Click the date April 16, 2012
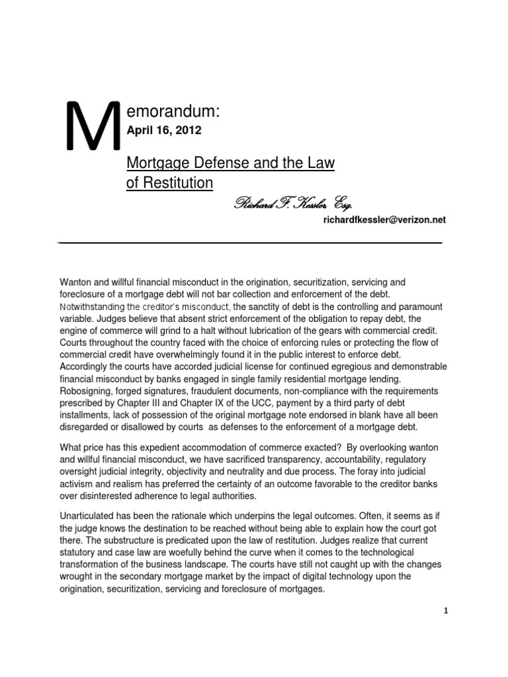[x=163, y=131]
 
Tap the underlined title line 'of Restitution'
[x=170, y=183]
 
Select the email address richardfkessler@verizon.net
[x=383, y=221]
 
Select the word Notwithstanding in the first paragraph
[x=93, y=307]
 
